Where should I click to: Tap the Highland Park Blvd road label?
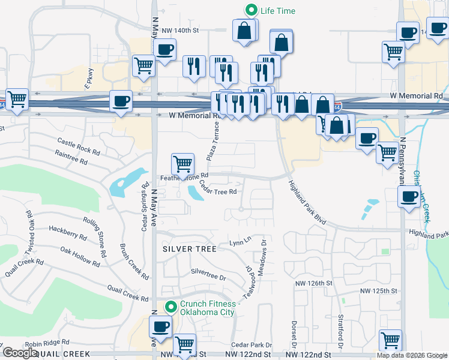307,203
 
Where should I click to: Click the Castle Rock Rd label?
78,145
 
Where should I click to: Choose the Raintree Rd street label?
71,158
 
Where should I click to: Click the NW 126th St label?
313,283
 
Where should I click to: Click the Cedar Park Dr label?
252,345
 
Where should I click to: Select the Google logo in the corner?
20,353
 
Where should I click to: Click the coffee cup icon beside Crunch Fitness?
160,328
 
